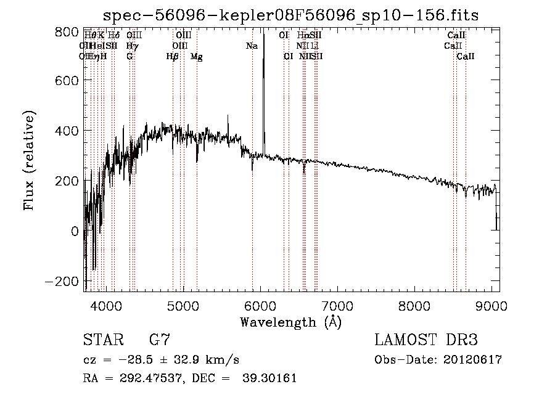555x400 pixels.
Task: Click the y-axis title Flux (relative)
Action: pos(29,160)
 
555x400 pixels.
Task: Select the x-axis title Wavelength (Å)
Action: pos(290,322)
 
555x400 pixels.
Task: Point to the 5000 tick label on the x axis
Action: pos(183,305)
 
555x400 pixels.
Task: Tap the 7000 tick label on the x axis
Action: pos(337,305)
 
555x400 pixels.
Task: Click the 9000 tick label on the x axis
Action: pos(491,305)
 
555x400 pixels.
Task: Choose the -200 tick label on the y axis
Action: pos(64,280)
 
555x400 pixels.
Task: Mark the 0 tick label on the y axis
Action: pos(75,231)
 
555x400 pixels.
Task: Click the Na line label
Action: pos(252,46)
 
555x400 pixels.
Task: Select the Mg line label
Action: pos(196,57)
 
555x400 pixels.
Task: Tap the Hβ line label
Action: pos(173,57)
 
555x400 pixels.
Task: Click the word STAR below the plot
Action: pos(102,340)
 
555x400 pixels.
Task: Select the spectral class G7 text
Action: pos(160,340)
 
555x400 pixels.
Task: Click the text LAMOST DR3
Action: pos(426,340)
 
